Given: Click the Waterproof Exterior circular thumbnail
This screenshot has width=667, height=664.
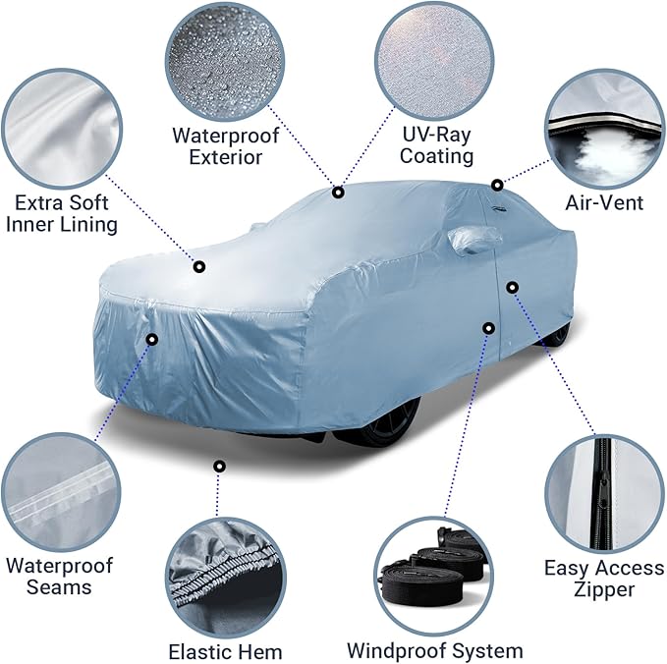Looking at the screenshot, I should [225, 59].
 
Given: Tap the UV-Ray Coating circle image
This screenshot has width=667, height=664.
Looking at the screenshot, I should [436, 58].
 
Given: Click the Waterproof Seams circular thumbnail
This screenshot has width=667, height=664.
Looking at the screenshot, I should [59, 492].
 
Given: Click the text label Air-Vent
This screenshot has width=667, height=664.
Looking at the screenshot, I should [604, 203].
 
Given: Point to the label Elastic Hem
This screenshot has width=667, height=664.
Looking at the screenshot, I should [225, 651].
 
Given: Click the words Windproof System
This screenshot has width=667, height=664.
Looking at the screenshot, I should [434, 650].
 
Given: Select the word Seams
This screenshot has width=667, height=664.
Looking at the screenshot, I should [59, 587].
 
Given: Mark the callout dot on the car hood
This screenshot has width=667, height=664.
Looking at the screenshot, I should [199, 265].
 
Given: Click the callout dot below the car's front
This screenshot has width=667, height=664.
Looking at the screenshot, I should [219, 466].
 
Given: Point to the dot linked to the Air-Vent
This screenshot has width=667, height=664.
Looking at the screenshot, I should [497, 184].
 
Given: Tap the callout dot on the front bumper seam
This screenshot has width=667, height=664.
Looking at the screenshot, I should [151, 339].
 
